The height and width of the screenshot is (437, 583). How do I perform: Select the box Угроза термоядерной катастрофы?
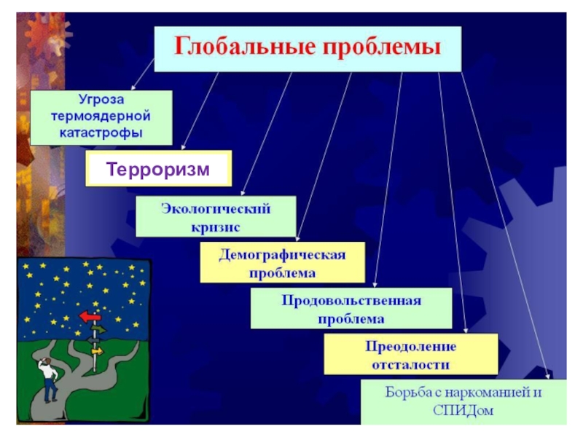tap(101, 117)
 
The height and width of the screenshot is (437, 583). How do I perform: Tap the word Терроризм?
tap(158, 170)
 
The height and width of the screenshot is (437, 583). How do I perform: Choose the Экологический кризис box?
tap(216, 216)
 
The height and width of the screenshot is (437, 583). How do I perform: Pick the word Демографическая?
tap(282, 256)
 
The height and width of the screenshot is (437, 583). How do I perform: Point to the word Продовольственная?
tap(351, 300)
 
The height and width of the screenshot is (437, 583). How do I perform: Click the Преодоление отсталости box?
tap(411, 354)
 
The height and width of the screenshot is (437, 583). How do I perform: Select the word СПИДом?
tap(463, 411)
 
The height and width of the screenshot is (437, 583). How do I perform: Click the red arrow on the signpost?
tap(90, 316)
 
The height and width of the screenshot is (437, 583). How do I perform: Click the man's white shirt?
tap(49, 374)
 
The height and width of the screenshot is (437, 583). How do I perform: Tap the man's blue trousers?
tap(50, 392)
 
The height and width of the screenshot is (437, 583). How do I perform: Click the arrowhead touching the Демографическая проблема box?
tap(297, 238)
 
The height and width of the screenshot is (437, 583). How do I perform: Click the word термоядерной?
tap(101, 117)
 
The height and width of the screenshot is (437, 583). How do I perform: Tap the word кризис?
tap(216, 227)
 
